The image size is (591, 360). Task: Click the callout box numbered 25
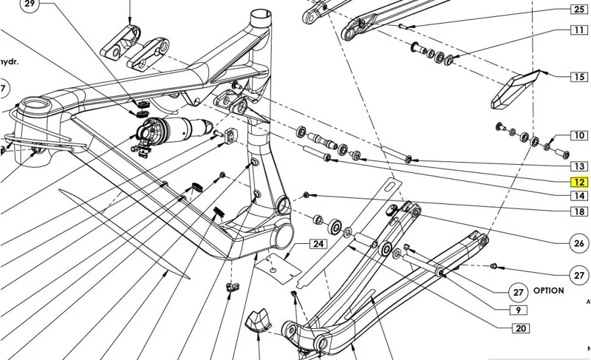click(578, 10)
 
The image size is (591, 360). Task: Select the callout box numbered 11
click(578, 30)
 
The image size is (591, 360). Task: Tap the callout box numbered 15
click(578, 76)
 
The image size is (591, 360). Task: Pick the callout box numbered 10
click(578, 136)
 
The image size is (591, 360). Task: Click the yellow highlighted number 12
click(578, 182)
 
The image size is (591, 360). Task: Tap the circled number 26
click(579, 243)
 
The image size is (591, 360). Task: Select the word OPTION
click(548, 291)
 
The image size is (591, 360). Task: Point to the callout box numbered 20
click(520, 329)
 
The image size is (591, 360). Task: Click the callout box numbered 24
click(318, 244)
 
